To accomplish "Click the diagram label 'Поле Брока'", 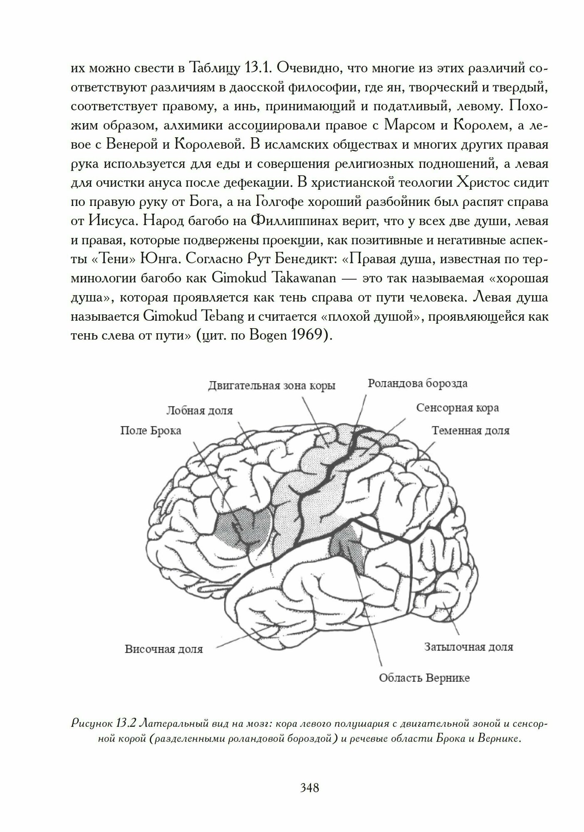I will (x=151, y=431).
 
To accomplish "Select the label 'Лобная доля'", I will (x=199, y=411).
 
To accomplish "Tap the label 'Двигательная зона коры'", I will (x=272, y=386).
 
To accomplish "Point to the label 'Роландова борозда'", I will (x=418, y=383).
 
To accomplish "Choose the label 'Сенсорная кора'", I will (x=458, y=408).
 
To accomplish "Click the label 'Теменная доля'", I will (x=470, y=430).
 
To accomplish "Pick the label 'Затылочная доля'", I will (x=468, y=646).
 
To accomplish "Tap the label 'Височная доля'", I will (x=163, y=649).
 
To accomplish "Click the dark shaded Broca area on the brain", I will (x=241, y=528).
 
